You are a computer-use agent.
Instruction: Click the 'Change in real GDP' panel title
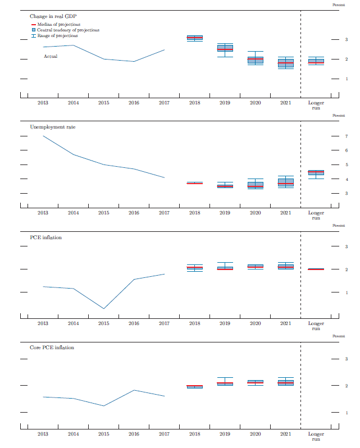pos(53,17)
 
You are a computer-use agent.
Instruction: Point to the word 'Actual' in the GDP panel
pos(51,56)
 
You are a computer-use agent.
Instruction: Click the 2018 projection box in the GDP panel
pos(194,38)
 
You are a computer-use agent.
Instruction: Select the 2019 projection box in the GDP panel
pos(225,48)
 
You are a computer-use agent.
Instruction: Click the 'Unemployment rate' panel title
pos(52,127)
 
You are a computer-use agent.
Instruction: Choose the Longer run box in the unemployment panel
pos(316,172)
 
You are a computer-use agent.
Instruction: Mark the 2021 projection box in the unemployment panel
pos(285,182)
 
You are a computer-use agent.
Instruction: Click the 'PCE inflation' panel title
pos(45,237)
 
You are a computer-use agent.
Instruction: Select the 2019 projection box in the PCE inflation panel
pos(225,268)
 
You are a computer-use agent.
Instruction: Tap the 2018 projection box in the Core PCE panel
pos(194,386)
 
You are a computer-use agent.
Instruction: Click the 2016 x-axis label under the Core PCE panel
pos(134,434)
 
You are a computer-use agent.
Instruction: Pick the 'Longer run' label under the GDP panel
pos(316,105)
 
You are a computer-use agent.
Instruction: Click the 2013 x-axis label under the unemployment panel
pos(43,213)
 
